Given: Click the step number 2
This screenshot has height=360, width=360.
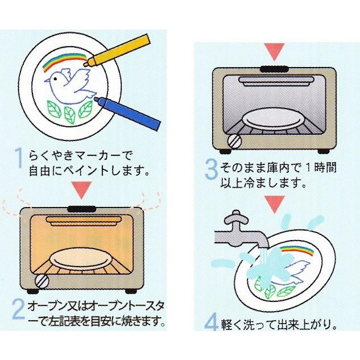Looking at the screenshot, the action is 18,310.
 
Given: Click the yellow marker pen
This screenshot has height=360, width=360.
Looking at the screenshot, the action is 117,50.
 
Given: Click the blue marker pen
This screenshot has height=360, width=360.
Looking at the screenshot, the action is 127,113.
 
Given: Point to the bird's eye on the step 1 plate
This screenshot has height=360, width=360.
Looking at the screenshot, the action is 55,78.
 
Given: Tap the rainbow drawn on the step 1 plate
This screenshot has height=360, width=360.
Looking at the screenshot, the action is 64,61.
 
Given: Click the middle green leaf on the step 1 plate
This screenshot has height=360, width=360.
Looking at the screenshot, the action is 69,114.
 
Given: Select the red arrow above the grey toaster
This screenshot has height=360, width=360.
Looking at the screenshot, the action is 274,52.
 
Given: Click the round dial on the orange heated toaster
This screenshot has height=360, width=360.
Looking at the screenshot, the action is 42,282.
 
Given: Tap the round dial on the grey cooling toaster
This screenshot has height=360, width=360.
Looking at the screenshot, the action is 235,141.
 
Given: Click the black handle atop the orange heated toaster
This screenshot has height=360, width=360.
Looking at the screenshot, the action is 82,209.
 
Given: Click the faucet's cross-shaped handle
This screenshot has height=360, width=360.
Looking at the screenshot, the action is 236,218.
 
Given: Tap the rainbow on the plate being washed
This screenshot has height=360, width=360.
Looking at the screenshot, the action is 298,250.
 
